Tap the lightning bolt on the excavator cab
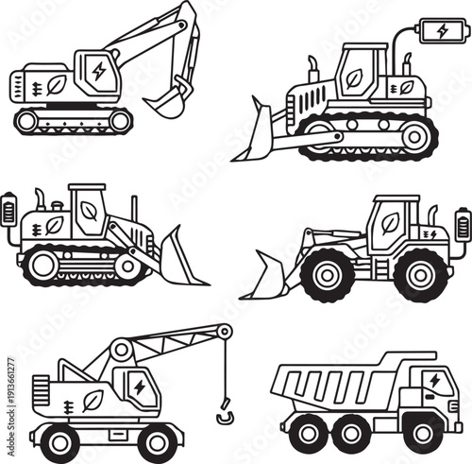[99, 71]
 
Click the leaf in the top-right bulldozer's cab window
[355, 77]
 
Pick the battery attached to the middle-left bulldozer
[9, 209]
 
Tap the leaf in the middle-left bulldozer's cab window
[90, 210]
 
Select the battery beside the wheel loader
[462, 225]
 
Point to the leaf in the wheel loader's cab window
[389, 223]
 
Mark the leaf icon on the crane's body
[93, 400]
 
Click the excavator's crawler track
[73, 120]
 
